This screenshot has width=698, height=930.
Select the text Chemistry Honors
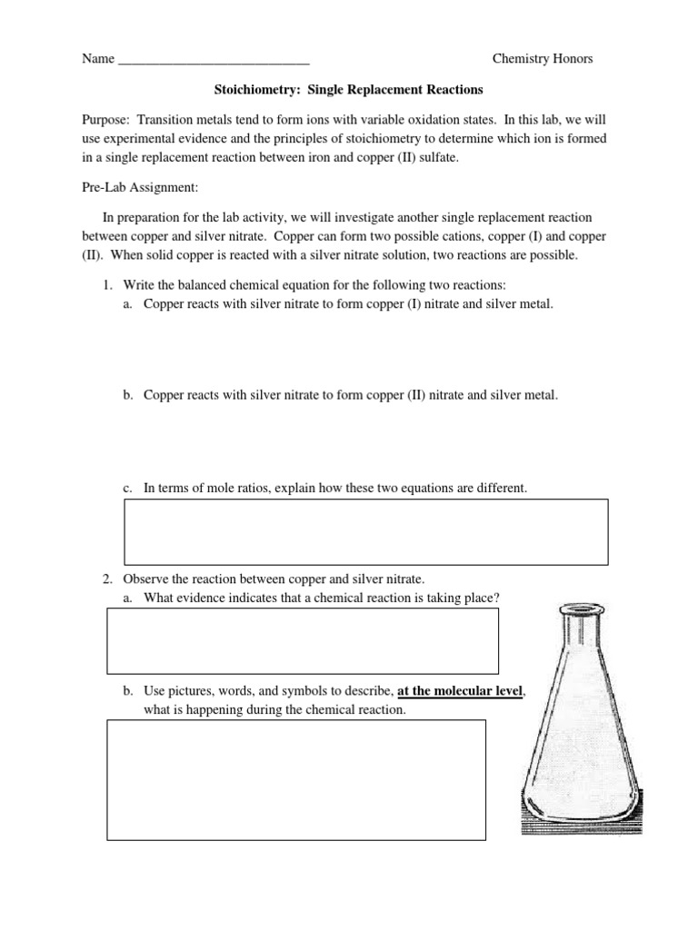point(542,59)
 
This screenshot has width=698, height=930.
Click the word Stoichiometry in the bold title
point(248,90)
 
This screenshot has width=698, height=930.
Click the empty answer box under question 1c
point(365,531)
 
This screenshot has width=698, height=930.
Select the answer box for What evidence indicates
point(303,640)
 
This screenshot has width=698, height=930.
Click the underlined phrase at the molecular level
point(461,692)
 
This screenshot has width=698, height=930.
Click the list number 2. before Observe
point(106,579)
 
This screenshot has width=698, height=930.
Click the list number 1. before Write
point(106,284)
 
